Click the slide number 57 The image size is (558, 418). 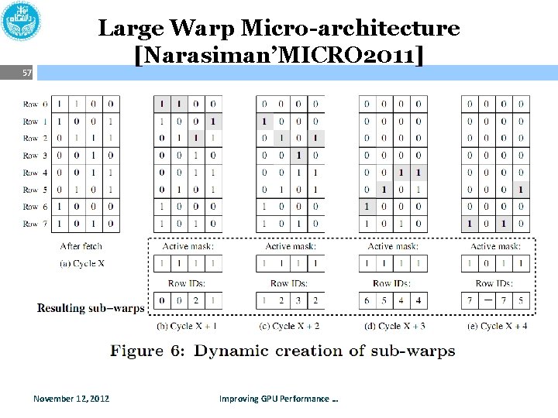(27, 73)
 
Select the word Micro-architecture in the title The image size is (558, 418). (350, 29)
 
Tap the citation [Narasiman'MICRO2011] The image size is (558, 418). (279, 56)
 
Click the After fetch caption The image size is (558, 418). (81, 246)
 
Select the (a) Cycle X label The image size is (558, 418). (81, 264)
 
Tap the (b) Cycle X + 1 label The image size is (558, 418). (187, 326)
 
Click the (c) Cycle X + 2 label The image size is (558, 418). (290, 326)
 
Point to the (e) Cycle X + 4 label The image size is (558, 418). (495, 326)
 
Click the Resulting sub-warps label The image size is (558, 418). (91, 307)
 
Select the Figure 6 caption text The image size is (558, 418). (282, 351)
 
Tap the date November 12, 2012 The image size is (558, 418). (71, 399)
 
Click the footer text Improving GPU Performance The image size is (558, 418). (279, 399)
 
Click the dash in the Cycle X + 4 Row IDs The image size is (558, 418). (487, 300)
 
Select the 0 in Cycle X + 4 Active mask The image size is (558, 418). (487, 264)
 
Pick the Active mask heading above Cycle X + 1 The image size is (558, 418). (188, 246)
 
